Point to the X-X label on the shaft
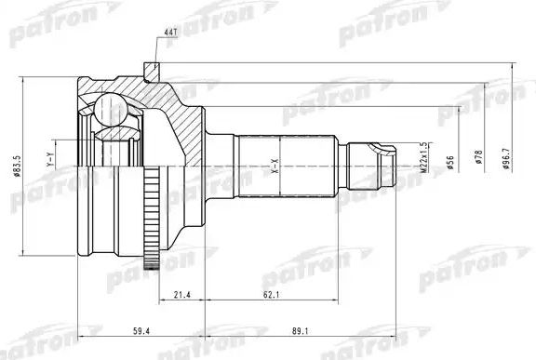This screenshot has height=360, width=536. pyautogui.click(x=275, y=166)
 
